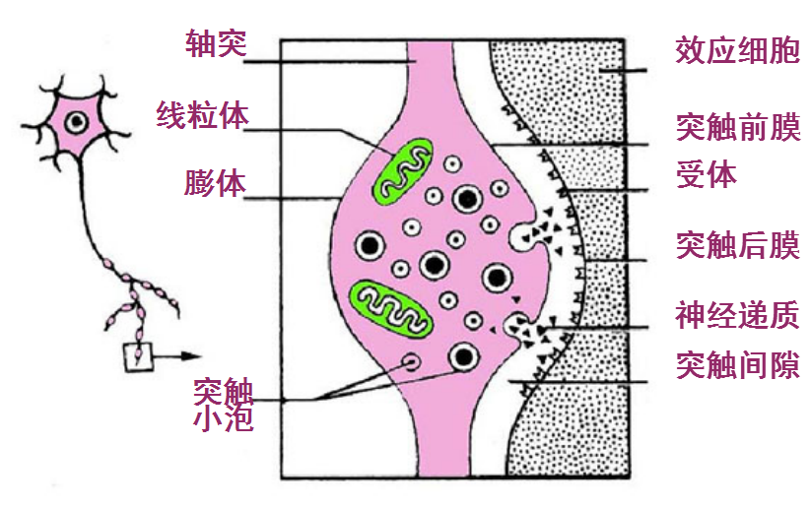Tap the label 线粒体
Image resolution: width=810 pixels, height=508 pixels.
(x=203, y=114)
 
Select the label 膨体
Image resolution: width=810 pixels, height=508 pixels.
(x=214, y=184)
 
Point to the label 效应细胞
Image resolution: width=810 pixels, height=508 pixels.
(x=737, y=51)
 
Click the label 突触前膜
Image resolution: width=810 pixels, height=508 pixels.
(x=737, y=126)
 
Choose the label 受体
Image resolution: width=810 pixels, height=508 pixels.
(x=707, y=174)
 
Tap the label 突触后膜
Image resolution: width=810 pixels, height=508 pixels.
(x=737, y=245)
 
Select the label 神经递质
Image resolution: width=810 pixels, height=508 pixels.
(x=737, y=316)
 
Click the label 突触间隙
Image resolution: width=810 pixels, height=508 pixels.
(x=737, y=366)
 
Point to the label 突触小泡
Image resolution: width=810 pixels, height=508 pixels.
(x=225, y=406)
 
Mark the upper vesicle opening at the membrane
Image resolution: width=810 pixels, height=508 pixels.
(x=521, y=234)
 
